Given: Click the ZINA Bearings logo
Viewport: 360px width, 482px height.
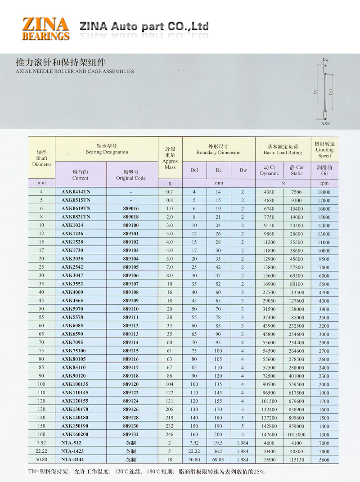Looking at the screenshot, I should pos(45,28).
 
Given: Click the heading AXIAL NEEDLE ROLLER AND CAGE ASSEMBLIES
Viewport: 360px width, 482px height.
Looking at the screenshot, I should pos(75,71).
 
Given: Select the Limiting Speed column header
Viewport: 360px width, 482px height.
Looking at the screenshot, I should pos(324,149).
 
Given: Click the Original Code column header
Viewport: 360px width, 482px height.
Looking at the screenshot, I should pos(131,175).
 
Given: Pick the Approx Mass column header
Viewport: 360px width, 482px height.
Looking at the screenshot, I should pos(170,161).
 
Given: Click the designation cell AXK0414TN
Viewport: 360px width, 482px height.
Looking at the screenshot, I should pos(76,192).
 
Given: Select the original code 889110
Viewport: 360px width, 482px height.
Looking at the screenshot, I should pos(131,309).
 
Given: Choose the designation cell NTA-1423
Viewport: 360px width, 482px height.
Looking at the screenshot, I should pos(72,451).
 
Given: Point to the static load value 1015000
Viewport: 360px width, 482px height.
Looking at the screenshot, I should pos(297,435).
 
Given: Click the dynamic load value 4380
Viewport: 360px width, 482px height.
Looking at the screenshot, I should pos(269,192).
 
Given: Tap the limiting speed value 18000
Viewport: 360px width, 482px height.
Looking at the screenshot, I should pos(324,192).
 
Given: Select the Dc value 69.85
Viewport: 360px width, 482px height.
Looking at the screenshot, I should pos(219,460).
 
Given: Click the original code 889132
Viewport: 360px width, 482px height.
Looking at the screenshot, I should pos(131,435).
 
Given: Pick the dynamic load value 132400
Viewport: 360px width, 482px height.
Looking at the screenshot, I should pos(269,410).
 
